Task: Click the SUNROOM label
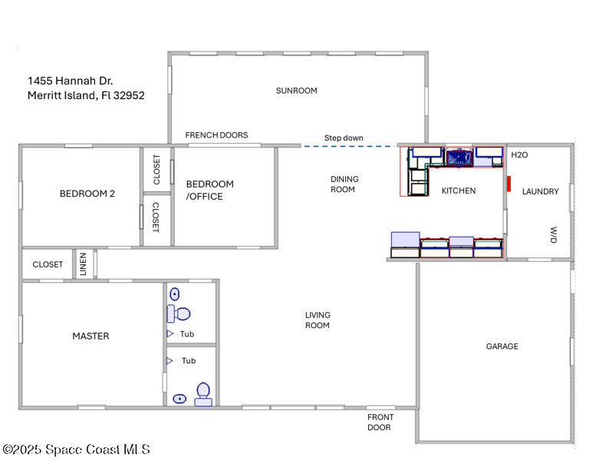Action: tap(296, 91)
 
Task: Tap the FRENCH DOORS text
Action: tap(216, 135)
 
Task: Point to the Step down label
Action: tap(344, 138)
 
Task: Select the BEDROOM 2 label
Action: tap(87, 194)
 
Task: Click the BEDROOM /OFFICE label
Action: tap(209, 191)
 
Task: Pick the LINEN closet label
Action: tap(83, 264)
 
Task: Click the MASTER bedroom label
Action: tap(91, 336)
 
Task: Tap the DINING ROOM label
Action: tap(344, 184)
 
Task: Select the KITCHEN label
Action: tap(459, 191)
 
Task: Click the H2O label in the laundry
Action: tap(519, 154)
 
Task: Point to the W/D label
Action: tap(554, 235)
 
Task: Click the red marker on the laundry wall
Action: tap(509, 184)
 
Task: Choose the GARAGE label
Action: tap(502, 347)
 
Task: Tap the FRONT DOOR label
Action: tap(380, 423)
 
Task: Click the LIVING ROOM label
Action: tap(318, 320)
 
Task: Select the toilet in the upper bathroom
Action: tap(179, 313)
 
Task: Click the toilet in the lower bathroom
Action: tap(203, 394)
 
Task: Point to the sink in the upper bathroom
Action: tap(175, 294)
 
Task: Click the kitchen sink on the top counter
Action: tap(459, 158)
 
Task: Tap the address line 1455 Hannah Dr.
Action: tap(70, 81)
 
